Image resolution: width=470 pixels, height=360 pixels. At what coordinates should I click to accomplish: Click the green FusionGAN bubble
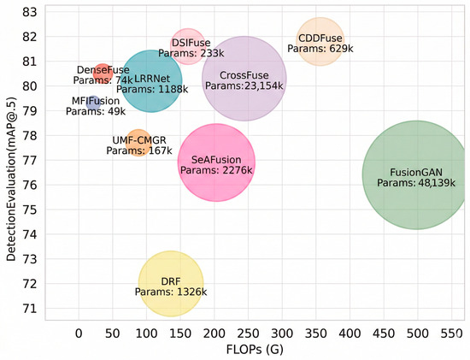tap(416, 175)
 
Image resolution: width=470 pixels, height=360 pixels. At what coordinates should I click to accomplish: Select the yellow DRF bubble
tap(171, 284)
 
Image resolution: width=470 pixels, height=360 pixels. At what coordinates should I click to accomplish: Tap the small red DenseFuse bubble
tap(103, 74)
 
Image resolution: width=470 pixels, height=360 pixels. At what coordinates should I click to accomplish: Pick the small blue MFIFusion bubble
tap(93, 103)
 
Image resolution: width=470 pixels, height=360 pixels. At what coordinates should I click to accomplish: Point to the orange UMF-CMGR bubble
tap(138, 143)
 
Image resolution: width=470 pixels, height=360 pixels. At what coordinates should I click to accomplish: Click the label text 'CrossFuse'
tap(244, 75)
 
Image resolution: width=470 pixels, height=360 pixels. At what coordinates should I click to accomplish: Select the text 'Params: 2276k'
tap(216, 170)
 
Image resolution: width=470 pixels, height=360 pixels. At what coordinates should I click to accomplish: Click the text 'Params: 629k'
tap(320, 49)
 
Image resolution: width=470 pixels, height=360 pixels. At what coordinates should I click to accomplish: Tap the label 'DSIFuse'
tap(191, 43)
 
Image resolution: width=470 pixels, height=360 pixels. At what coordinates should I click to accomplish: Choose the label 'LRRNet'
tap(152, 79)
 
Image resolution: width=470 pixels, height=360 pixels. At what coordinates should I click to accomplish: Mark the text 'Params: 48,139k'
tap(416, 183)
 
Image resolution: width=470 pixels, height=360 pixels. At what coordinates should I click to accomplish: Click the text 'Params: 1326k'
tap(171, 292)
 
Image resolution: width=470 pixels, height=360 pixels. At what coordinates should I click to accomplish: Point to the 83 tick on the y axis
tap(29, 12)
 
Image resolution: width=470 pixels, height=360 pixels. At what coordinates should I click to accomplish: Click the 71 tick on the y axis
tap(29, 308)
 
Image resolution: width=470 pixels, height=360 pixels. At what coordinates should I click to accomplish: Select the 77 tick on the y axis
tap(29, 160)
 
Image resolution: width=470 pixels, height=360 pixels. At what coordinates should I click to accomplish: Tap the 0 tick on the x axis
tap(79, 333)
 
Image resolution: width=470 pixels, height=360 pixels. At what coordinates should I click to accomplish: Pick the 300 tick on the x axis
tap(282, 333)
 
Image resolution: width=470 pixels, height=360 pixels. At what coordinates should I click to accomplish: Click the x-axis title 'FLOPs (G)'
tap(255, 350)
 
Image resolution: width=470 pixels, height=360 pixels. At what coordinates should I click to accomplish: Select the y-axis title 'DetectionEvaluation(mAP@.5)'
tap(11, 179)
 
